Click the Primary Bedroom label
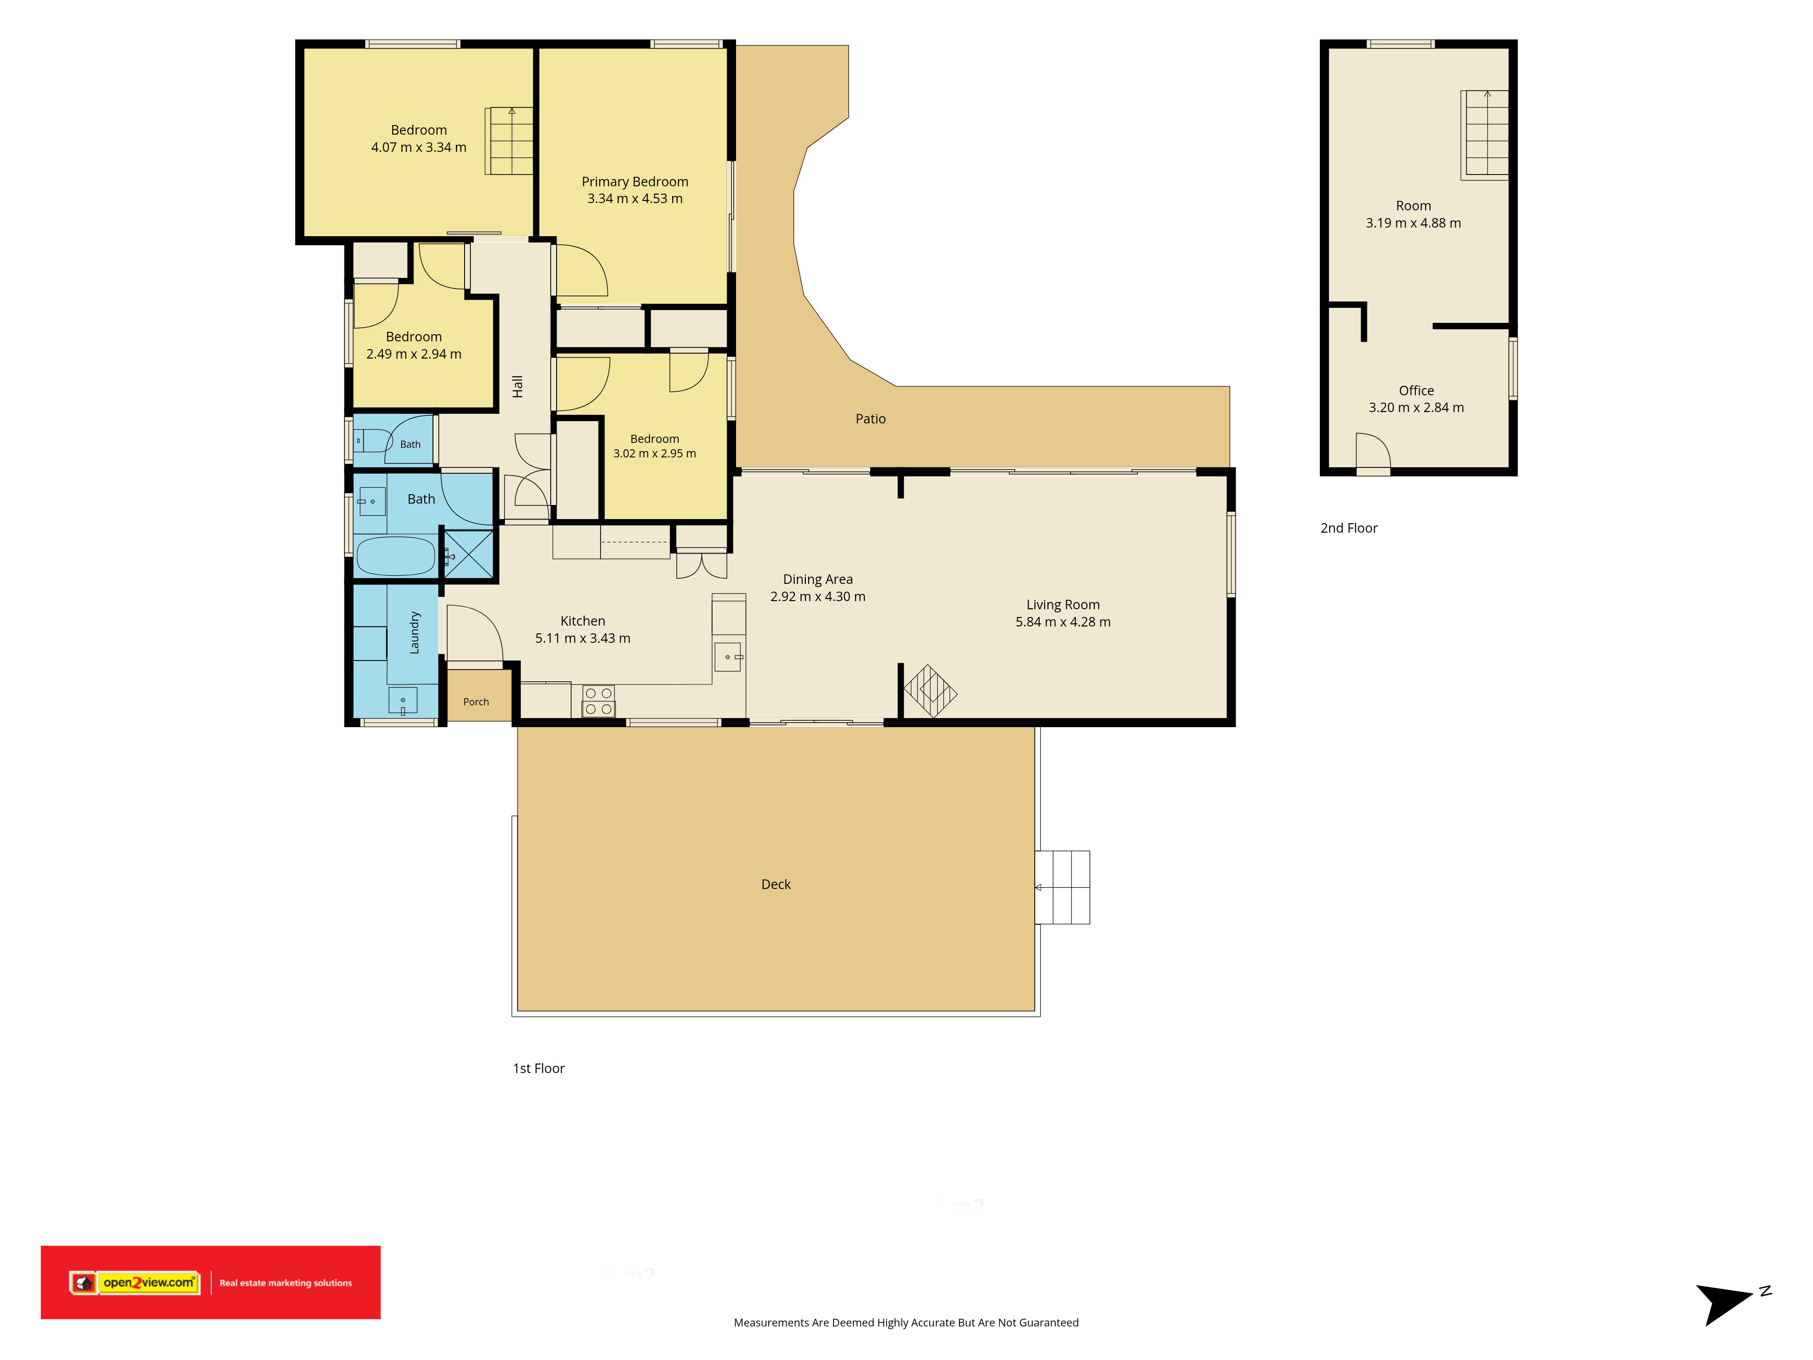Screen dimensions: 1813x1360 (635, 182)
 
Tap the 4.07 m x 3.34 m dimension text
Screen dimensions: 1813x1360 (419, 147)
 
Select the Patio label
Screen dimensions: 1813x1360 (870, 419)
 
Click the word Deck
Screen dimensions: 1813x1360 (776, 884)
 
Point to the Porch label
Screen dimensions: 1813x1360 (476, 702)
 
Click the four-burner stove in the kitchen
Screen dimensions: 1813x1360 (598, 701)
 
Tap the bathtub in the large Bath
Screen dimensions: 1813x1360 (396, 556)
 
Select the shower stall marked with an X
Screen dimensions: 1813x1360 (469, 555)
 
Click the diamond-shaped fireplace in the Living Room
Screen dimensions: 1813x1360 (930, 691)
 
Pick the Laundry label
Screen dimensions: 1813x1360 (415, 633)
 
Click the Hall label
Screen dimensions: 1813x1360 (517, 387)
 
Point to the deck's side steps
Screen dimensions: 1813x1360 (1062, 888)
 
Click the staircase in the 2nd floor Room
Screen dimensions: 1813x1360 (1485, 135)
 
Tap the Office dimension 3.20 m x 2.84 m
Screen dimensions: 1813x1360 (1416, 408)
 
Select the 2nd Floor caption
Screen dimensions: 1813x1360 (1349, 528)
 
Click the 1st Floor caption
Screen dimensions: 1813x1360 (538, 1068)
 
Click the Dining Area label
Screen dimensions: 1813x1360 (818, 579)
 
